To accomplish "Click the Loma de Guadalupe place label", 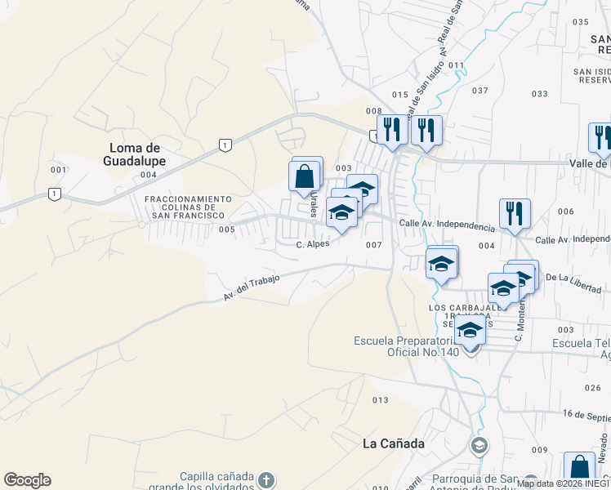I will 137,154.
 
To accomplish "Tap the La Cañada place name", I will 394,443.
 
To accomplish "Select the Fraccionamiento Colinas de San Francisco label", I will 188,207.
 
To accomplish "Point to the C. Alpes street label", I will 312,244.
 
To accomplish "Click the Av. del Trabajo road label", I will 252,287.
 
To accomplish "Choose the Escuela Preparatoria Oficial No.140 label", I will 403,346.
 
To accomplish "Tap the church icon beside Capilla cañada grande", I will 266,479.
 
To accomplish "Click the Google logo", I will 27,480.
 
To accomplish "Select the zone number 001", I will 58,170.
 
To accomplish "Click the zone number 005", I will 227,229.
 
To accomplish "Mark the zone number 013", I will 380,400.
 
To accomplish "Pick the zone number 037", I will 480,90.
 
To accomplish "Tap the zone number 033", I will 539,94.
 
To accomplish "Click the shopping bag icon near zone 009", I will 579,469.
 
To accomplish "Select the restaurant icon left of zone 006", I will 515,214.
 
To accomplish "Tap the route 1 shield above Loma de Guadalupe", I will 224,145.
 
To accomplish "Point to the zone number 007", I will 374,245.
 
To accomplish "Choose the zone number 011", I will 456,65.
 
